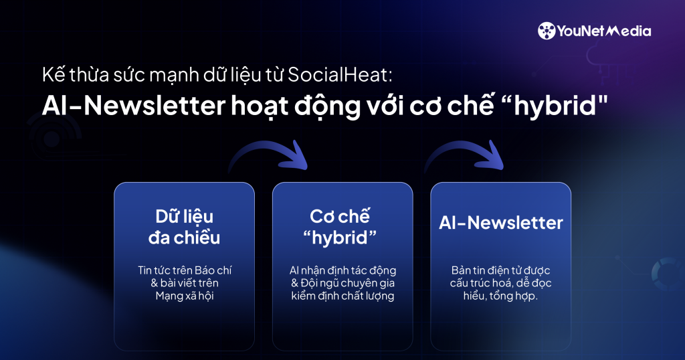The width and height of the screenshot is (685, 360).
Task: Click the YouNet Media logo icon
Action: (547, 31)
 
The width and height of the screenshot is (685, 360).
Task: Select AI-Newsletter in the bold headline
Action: (117, 106)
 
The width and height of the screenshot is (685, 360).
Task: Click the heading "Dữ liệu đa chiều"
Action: (184, 227)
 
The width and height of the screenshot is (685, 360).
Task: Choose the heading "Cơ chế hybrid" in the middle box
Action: (342, 227)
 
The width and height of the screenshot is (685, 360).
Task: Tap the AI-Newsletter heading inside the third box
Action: (500, 223)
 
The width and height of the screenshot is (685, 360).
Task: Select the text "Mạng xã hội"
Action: (184, 296)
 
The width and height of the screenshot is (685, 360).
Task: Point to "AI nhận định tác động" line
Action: (342, 270)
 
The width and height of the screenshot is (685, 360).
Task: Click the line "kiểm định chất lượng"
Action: (342, 296)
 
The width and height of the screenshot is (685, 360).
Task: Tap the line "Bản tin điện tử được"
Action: (500, 270)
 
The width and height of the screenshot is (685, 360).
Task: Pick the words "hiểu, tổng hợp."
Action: (500, 296)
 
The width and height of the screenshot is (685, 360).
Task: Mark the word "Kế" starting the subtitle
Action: (50, 75)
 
